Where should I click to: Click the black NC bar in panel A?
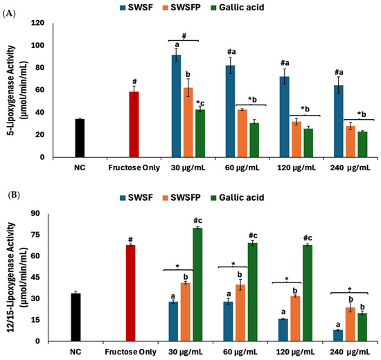(x=80, y=138)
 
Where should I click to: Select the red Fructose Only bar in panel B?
(x=130, y=294)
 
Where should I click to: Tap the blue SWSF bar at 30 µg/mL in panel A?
(x=176, y=106)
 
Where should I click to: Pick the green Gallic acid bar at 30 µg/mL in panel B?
(x=197, y=285)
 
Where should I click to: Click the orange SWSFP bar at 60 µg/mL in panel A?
(x=242, y=134)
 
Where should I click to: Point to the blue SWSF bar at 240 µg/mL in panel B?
(x=338, y=336)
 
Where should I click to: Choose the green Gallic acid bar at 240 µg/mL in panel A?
(x=362, y=145)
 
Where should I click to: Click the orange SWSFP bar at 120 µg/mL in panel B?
(x=295, y=318)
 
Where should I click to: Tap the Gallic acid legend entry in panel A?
(x=238, y=8)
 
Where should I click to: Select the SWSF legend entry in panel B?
(x=136, y=197)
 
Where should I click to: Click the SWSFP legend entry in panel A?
(x=181, y=8)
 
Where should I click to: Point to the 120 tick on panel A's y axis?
(x=37, y=23)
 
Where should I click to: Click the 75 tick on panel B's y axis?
(x=35, y=235)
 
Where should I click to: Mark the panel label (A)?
(x=9, y=14)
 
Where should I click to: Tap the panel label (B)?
(x=14, y=195)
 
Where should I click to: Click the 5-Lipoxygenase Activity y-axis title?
(x=17, y=90)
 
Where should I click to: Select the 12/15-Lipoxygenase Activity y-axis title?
(x=17, y=277)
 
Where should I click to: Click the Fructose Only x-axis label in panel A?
(x=134, y=168)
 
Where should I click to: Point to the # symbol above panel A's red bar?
(x=134, y=82)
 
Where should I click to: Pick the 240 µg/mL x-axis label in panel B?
(x=350, y=352)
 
